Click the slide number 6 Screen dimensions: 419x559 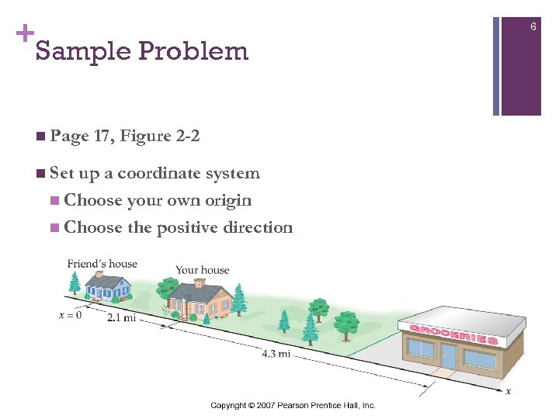[x=533, y=27]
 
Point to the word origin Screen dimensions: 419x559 [x=228, y=200]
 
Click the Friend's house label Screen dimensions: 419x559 [x=102, y=264]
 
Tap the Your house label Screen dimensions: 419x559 [x=202, y=270]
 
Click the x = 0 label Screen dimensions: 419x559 [x=70, y=315]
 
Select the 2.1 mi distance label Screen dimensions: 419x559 [x=122, y=317]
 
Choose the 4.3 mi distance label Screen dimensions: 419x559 [x=276, y=354]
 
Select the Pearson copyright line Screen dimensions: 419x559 [x=293, y=406]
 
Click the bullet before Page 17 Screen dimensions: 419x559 [x=40, y=137]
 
